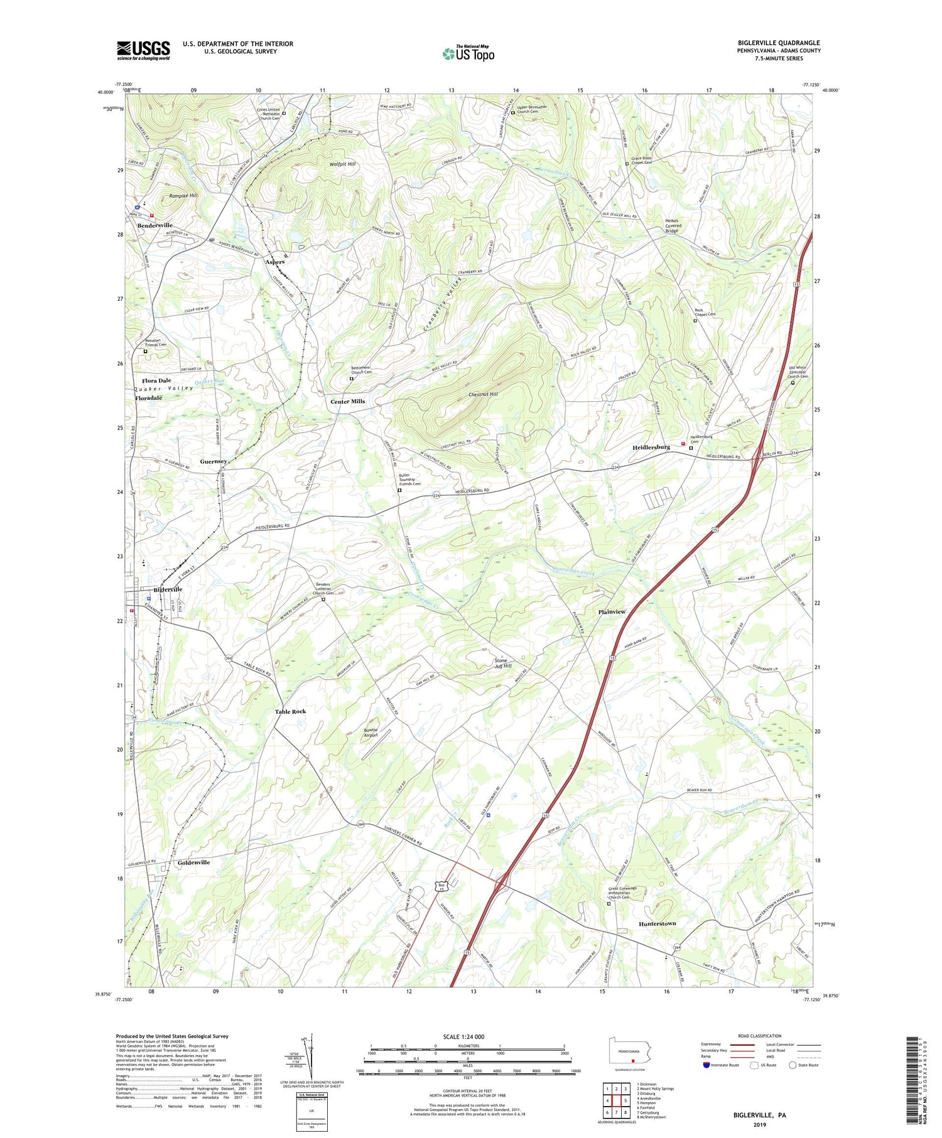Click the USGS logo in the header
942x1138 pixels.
click(143, 50)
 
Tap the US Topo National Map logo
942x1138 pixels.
click(468, 53)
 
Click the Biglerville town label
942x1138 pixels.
click(168, 589)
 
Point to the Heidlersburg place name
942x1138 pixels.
click(651, 447)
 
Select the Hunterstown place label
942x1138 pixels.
click(657, 924)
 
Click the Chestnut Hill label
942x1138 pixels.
click(483, 394)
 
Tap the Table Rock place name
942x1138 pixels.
click(290, 711)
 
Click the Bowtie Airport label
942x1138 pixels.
click(371, 732)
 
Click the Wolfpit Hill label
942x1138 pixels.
click(342, 164)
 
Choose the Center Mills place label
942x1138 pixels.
click(347, 401)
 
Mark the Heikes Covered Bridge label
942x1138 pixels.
click(673, 225)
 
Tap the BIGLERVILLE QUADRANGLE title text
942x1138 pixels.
click(779, 43)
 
